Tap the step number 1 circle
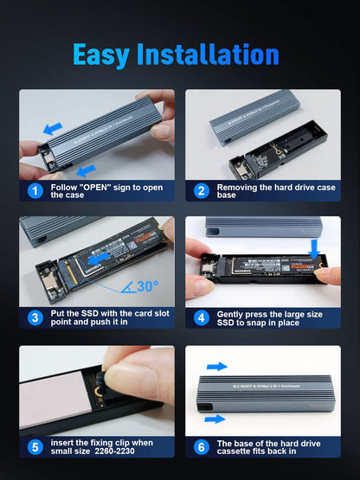(x=35, y=190)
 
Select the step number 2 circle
(x=202, y=190)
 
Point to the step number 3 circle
(x=35, y=317)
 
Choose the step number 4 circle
(x=202, y=317)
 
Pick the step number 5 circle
(x=35, y=447)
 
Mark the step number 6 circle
(x=202, y=447)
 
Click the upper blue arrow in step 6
(x=217, y=367)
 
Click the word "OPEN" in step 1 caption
(x=95, y=186)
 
